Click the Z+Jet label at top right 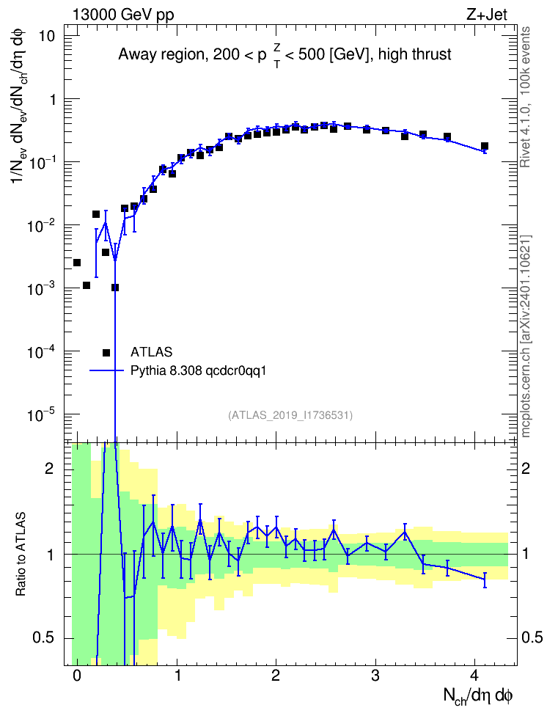[487, 15]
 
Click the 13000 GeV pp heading [123, 15]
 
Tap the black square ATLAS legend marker [106, 352]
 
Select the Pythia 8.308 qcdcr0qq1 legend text [198, 370]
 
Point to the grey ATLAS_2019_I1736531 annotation [290, 414]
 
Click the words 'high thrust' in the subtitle [415, 54]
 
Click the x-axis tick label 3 [375, 676]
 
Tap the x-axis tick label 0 [77, 676]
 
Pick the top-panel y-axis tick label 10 [46, 36]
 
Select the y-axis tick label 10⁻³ [40, 288]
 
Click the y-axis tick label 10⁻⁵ [40, 414]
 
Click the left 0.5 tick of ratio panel [43, 638]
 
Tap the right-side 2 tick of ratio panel [526, 468]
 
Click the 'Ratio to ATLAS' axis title [21, 555]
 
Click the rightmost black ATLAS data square [485, 146]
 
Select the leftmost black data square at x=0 [77, 263]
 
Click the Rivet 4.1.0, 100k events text [526, 97]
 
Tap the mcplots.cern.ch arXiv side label [526, 336]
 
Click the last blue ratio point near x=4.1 [485, 579]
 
